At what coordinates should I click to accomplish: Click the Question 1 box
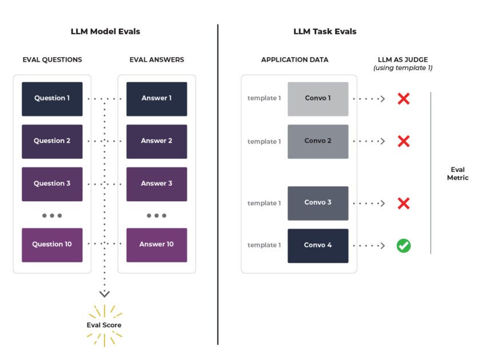pos(52,98)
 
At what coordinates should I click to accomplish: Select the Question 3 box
pos(52,183)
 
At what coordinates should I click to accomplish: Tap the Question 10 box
pos(52,245)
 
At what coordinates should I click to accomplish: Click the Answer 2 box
pos(157,141)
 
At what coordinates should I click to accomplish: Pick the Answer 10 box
pos(157,245)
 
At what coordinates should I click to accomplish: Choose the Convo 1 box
pos(318,98)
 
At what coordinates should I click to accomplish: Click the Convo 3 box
pos(318,203)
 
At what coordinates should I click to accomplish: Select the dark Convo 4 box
pos(318,246)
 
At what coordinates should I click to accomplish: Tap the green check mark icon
pos(404,246)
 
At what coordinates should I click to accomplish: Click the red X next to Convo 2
pos(404,141)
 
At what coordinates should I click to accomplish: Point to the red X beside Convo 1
pos(404,98)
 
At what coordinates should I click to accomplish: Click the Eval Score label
pos(104,325)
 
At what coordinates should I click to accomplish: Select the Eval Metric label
pos(457,174)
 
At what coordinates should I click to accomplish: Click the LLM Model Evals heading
pos(105,31)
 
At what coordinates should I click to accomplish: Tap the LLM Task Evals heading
pos(325,31)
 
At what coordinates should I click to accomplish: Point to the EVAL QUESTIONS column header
pos(52,59)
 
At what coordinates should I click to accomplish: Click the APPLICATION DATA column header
pos(294,59)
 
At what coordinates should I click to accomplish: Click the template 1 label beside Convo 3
pos(264,203)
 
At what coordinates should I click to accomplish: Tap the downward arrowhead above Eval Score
pos(104,294)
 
